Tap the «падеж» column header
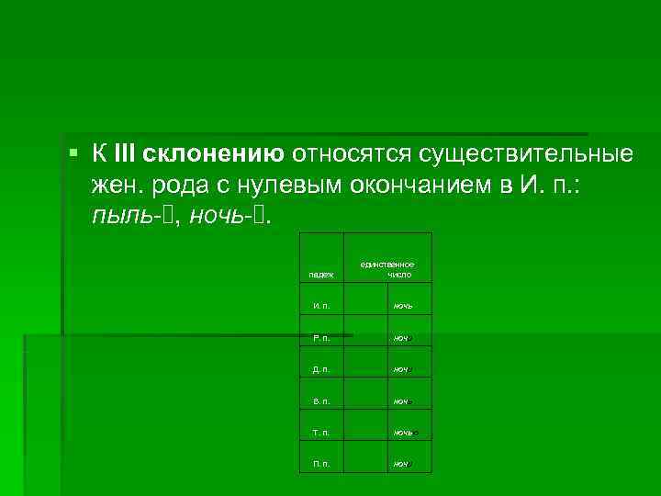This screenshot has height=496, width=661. (320, 274)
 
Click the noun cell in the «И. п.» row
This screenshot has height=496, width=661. (402, 305)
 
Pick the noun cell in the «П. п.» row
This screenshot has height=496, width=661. (402, 464)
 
